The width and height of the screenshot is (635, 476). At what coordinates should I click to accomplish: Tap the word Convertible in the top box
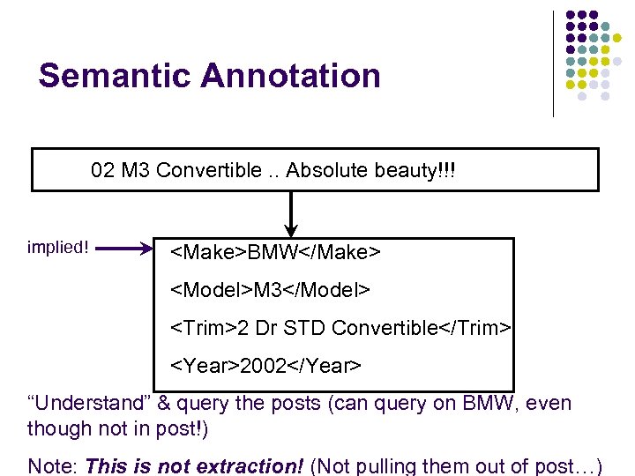point(209,170)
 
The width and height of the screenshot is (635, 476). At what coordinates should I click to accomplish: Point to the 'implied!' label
point(58,247)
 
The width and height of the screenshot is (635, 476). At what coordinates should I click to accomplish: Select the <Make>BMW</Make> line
point(274,253)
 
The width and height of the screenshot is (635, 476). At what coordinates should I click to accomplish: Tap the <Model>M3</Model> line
point(270,290)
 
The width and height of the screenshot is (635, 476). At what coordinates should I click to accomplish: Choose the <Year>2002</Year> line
point(265,365)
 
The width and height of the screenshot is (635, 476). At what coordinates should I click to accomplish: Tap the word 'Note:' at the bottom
point(53,465)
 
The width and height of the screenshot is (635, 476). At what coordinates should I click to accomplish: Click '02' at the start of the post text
point(102,170)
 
